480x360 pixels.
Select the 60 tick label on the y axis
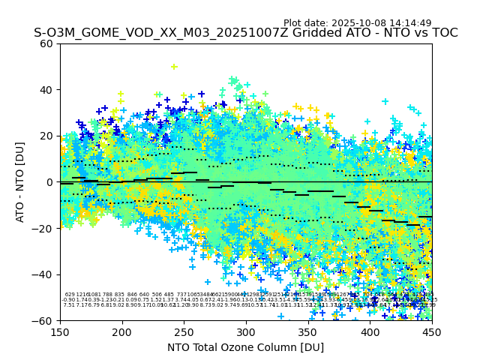[47, 43]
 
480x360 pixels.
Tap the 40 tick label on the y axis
[47, 90]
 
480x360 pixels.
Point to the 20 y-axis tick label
[47, 136]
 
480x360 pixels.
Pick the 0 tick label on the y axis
[50, 182]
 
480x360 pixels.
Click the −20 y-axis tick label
[44, 229]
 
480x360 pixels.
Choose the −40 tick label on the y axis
[44, 274]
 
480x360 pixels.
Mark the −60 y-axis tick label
[44, 321]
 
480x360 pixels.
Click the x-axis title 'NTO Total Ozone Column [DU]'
[246, 347]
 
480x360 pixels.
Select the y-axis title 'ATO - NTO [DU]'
[20, 182]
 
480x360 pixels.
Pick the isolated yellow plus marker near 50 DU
[174, 67]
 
